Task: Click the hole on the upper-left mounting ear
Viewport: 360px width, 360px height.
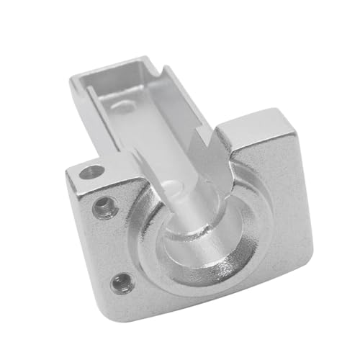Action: click(x=92, y=172)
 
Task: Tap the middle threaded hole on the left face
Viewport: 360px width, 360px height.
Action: click(x=104, y=209)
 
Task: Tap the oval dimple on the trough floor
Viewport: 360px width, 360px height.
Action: click(x=124, y=108)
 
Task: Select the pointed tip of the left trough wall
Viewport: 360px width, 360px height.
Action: click(x=137, y=155)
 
